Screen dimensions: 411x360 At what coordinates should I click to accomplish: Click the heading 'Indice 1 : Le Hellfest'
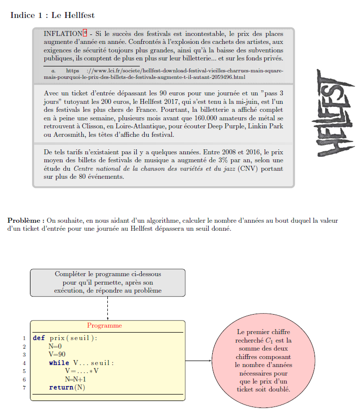pyautogui.click(x=52, y=15)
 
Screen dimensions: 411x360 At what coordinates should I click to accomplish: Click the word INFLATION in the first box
pyautogui.click(x=62, y=33)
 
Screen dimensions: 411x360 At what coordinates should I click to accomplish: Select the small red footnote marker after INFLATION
pyautogui.click(x=85, y=33)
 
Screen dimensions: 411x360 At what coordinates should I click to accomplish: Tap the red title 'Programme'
pyautogui.click(x=107, y=325)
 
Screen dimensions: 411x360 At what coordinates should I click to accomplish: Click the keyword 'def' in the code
pyautogui.click(x=38, y=338)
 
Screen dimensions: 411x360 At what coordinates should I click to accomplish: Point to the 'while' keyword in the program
pyautogui.click(x=59, y=363)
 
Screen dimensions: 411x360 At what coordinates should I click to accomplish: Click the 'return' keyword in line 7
pyautogui.click(x=60, y=388)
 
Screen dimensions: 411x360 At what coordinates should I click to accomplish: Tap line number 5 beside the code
pyautogui.click(x=24, y=371)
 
